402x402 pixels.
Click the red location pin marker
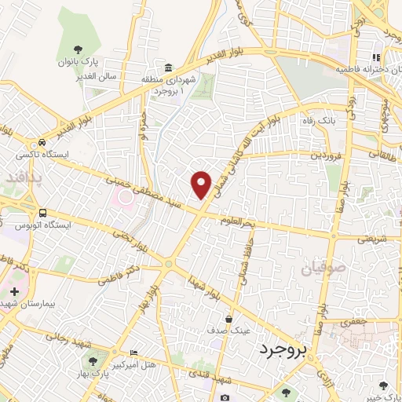202,183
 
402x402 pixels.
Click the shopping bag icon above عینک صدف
228,320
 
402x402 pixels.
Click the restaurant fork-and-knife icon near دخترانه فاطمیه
375,57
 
